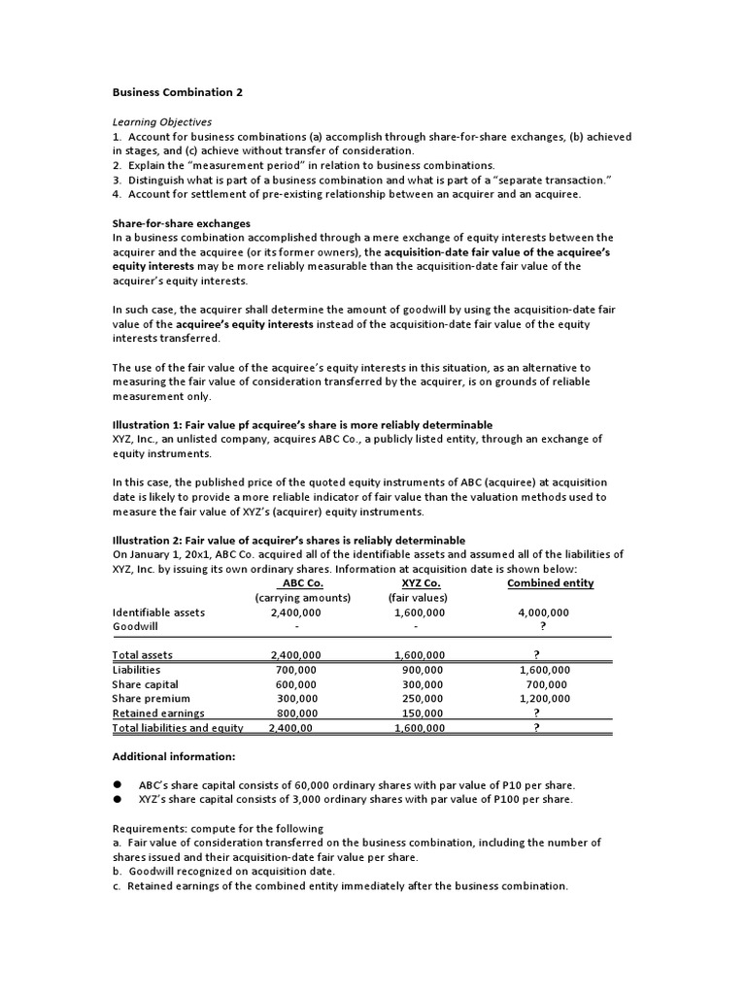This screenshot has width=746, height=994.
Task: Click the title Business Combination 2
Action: point(177,92)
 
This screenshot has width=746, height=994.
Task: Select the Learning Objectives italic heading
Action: point(161,122)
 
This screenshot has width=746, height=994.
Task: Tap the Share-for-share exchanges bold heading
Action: point(181,223)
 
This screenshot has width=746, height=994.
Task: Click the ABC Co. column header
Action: point(301,583)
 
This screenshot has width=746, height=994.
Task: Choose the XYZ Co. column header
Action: point(421,583)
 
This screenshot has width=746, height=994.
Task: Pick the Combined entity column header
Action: point(550,583)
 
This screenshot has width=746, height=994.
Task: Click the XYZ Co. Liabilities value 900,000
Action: point(423,670)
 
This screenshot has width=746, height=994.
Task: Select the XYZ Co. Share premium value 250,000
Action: point(423,699)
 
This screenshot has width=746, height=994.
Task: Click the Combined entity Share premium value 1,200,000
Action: point(545,699)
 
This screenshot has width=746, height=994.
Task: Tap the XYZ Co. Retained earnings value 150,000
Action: point(423,713)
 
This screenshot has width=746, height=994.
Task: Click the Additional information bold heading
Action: point(173,756)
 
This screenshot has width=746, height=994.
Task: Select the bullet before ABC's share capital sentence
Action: point(117,784)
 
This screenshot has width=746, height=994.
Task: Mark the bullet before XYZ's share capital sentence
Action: point(117,799)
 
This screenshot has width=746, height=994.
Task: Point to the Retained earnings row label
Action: point(158,713)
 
